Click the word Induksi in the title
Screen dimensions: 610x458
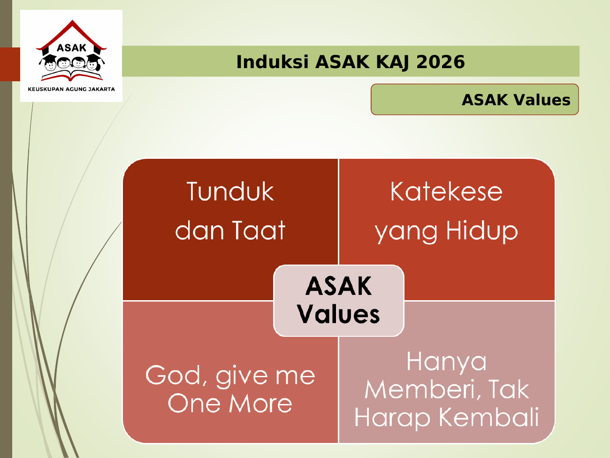coord(272,62)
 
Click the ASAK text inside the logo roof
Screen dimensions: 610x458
coord(71,48)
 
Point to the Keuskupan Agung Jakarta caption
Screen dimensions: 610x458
coord(71,89)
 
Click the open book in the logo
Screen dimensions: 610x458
coord(71,75)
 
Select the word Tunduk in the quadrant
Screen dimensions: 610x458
coord(230,191)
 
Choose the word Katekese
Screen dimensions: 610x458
coord(446,191)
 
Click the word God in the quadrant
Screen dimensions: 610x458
coord(176,375)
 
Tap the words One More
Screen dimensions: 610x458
coord(230,403)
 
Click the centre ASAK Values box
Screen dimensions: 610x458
coord(338,301)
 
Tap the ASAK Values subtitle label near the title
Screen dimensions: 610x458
coord(475,99)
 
